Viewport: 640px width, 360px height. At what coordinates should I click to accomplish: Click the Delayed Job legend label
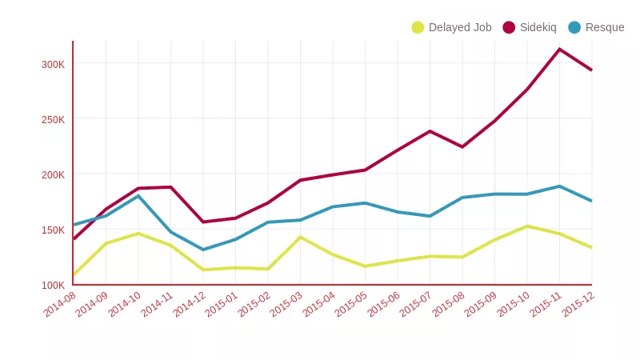(x=460, y=27)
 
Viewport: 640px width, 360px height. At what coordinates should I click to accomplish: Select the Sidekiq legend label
(x=538, y=27)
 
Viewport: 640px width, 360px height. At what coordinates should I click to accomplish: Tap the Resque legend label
(x=605, y=27)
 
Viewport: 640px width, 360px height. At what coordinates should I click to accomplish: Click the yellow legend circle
(x=418, y=27)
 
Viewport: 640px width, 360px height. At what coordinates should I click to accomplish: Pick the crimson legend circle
(x=509, y=27)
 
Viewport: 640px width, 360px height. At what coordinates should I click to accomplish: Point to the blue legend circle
(x=574, y=27)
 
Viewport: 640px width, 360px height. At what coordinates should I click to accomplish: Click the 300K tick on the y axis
(x=53, y=64)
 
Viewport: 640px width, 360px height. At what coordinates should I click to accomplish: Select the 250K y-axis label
(x=53, y=119)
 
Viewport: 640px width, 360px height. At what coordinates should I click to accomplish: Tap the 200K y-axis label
(x=53, y=174)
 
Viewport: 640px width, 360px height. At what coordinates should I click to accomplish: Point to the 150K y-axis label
(x=53, y=230)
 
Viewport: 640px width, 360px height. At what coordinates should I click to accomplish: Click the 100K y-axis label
(x=53, y=285)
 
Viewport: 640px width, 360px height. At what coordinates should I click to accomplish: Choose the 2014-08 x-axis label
(x=60, y=305)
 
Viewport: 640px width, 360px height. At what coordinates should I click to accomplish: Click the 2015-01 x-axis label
(x=222, y=305)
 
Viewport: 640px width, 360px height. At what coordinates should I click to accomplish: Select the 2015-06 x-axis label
(x=383, y=305)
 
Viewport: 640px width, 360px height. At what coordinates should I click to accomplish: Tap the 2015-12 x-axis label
(x=578, y=305)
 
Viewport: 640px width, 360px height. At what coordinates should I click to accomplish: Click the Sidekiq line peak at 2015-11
(x=559, y=50)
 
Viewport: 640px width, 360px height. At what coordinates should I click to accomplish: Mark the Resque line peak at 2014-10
(x=138, y=196)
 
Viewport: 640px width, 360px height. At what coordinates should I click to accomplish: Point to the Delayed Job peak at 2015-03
(x=300, y=237)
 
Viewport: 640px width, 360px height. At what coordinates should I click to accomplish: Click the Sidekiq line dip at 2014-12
(x=203, y=222)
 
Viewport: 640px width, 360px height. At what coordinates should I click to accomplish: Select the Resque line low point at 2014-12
(x=203, y=250)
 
